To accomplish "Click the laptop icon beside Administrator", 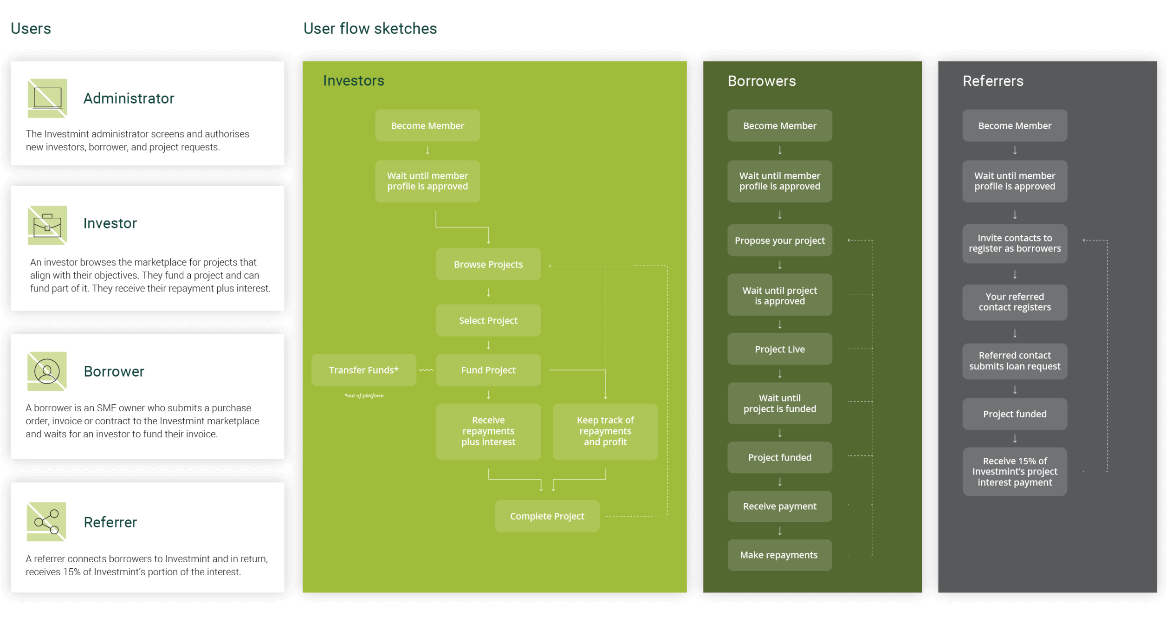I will coord(47,98).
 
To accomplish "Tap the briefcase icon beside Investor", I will coord(47,225).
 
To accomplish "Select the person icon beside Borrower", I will coord(47,371).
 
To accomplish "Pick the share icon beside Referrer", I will coord(46,522).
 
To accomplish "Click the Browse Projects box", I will coord(488,264).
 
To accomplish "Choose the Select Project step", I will coord(488,320).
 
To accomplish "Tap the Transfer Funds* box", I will coord(363,370).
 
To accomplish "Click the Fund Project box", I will coord(488,370).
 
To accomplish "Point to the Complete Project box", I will coord(547,516).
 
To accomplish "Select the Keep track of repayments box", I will coord(605,431).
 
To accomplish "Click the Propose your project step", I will coord(779,240).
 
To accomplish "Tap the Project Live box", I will coord(779,349).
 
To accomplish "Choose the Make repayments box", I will coord(779,555).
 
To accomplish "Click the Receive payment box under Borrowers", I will coord(779,506).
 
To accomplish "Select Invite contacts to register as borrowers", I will coord(1014,243).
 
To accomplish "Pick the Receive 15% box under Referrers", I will coord(1014,471).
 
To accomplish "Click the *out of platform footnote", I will coord(364,396).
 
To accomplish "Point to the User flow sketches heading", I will coord(370,28).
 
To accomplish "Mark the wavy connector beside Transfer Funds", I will coord(426,370).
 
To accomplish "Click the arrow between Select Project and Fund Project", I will coord(488,345).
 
